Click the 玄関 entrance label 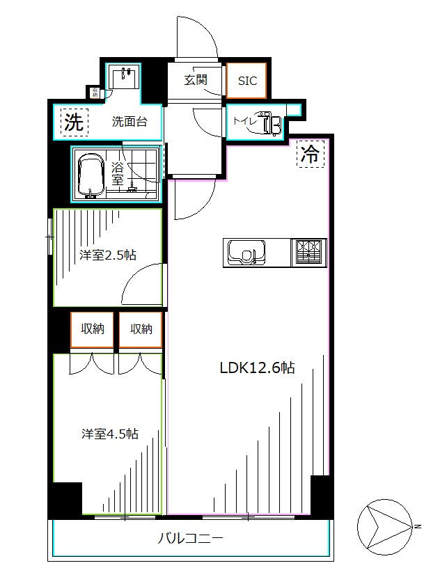coord(196,80)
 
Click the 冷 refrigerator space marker coord(311,155)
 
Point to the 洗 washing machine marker coord(73,122)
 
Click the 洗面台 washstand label coord(130,122)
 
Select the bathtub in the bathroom coord(91,175)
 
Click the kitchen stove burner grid coord(310,251)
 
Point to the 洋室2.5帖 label coord(108,255)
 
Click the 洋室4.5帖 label coord(109,434)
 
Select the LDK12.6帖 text coord(257,368)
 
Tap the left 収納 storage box coord(92,329)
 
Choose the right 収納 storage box coord(140,329)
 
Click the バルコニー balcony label coord(190,538)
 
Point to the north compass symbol coord(384,525)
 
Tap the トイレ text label coord(244,122)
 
